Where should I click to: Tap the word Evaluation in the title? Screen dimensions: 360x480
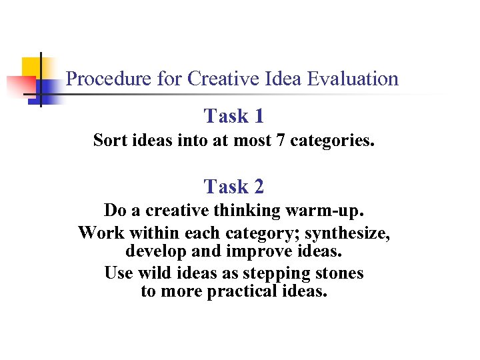[x=353, y=79]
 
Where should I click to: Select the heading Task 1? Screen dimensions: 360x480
[x=234, y=117]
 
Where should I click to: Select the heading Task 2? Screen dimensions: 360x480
[x=234, y=187]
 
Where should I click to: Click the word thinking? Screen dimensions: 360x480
[x=249, y=211]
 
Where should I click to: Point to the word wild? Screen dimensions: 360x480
[x=154, y=273]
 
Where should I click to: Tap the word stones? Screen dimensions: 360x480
[x=341, y=273]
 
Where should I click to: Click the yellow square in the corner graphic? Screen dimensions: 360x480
[x=32, y=67]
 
